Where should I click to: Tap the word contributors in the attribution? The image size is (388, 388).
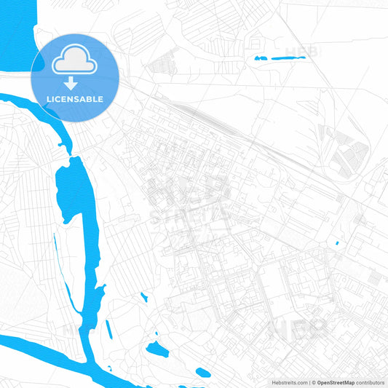(371, 381)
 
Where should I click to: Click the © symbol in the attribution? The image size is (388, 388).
(312, 381)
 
